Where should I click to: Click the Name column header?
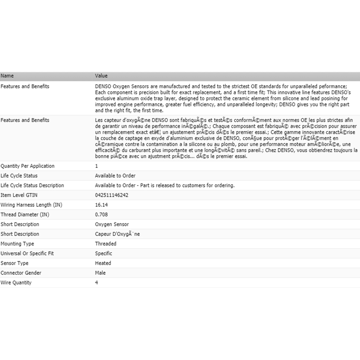pos(7,76)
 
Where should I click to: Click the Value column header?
pos(101,76)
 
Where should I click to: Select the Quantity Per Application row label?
pos(28,166)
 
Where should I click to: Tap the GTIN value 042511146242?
pos(112,195)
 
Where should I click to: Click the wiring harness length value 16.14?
pos(101,205)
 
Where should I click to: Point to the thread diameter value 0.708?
pos(101,215)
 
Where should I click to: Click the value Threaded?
pos(105,244)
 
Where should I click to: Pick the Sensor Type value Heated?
pos(103,263)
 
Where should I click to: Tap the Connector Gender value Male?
pos(100,273)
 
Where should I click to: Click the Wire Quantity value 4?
pos(96,283)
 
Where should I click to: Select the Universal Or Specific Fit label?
pos(27,253)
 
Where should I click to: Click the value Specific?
pos(104,253)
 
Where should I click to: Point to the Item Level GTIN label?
pos(19,195)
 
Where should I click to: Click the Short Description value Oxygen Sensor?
pos(112,224)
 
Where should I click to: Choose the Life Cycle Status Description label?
pos(32,185)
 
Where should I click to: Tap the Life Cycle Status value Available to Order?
pos(115,176)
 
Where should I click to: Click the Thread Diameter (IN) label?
pos(25,215)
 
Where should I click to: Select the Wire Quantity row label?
pos(16,283)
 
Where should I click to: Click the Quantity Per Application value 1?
pos(96,166)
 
